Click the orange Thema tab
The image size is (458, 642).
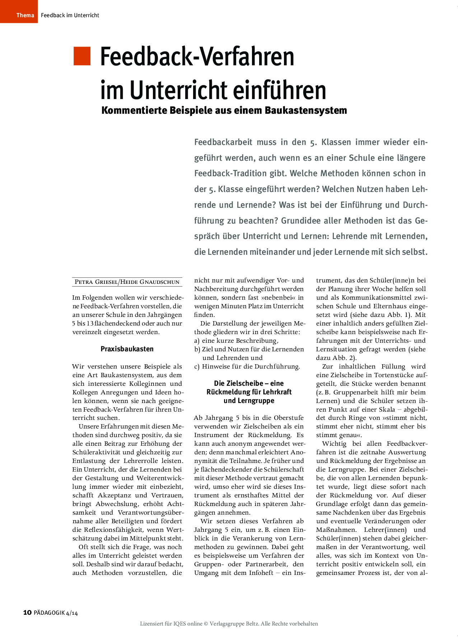pyautogui.click(x=19, y=11)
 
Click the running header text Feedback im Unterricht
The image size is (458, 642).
pyautogui.click(x=70, y=15)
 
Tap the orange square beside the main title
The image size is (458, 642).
pyautogui.click(x=82, y=56)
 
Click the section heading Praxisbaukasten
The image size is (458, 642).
pyautogui.click(x=127, y=349)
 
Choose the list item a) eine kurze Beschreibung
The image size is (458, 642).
pyautogui.click(x=237, y=341)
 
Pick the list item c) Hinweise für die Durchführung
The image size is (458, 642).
pyautogui.click(x=247, y=366)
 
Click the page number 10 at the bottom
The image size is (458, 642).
pyautogui.click(x=27, y=613)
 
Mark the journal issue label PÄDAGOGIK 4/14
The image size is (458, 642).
pyautogui.click(x=56, y=613)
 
